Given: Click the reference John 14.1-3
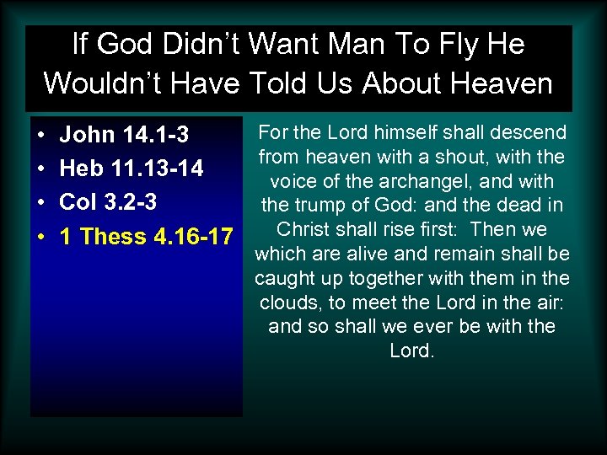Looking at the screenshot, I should (x=124, y=135).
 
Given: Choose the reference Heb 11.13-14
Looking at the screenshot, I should (x=132, y=169).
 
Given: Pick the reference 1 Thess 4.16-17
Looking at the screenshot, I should (x=146, y=236).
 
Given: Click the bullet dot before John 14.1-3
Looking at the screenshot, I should (x=41, y=136).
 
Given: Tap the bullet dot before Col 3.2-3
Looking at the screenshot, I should (x=41, y=203).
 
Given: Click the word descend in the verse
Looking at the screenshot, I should (x=530, y=132).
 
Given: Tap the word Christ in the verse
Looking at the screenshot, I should (x=303, y=229).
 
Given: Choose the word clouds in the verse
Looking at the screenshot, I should (x=289, y=302).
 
